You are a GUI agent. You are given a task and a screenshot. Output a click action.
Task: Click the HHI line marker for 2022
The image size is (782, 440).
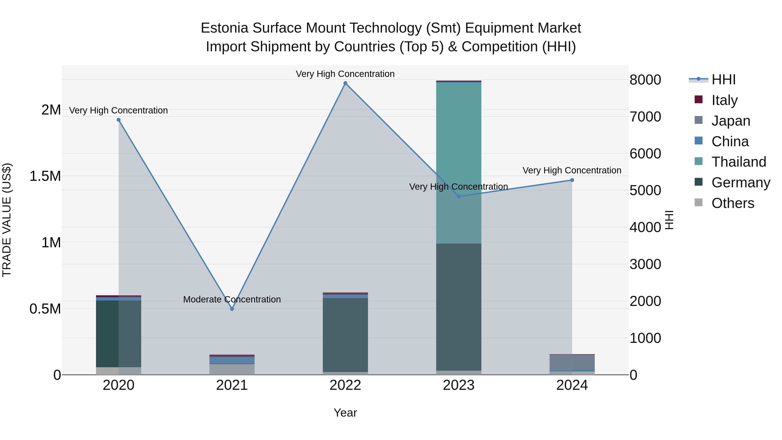point(345,83)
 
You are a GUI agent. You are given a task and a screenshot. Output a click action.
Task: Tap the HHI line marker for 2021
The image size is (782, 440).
point(232,309)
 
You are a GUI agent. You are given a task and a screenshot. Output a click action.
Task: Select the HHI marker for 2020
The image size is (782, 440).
point(119,120)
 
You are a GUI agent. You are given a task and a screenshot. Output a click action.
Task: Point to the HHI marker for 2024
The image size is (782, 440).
point(572,180)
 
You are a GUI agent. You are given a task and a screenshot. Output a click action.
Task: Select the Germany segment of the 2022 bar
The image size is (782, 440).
point(345,334)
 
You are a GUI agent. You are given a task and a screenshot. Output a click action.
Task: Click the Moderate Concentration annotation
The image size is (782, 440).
point(232,299)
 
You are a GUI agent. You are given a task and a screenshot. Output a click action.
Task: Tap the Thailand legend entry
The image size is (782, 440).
point(738,162)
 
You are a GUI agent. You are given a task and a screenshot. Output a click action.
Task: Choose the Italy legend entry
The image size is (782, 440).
point(724,100)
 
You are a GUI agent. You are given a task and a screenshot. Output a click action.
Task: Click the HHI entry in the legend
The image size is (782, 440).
point(723,80)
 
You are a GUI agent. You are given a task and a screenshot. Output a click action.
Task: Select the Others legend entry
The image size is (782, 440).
point(732,203)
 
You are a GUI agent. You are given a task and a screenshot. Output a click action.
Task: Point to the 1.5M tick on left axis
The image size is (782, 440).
point(45,176)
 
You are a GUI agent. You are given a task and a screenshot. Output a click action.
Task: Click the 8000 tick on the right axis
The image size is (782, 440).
point(645,80)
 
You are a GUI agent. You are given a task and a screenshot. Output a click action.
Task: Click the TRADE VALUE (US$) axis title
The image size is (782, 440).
point(7,220)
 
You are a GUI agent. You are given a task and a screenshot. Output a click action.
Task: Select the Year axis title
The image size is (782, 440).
point(345,413)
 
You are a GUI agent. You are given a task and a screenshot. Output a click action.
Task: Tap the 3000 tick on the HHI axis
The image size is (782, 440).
point(645,264)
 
